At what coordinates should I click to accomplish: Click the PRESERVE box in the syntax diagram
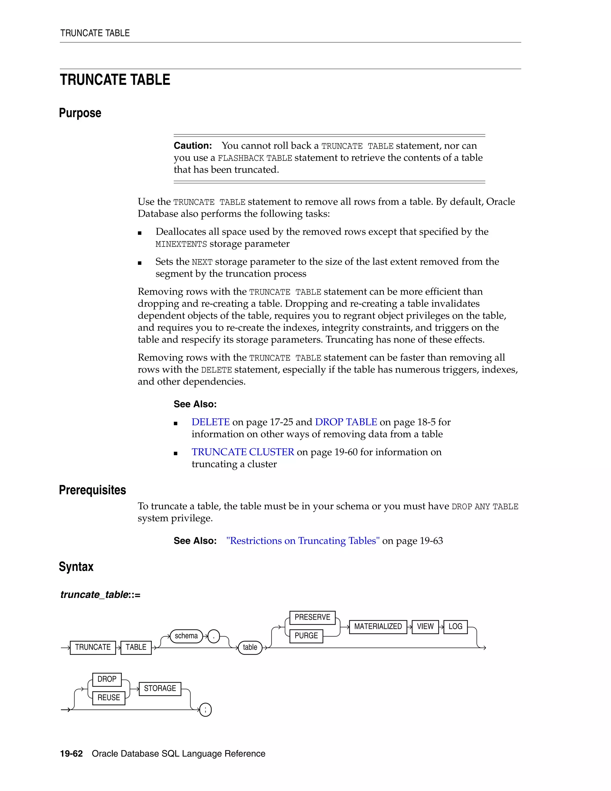[x=312, y=617]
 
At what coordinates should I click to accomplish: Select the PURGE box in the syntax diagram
[x=306, y=636]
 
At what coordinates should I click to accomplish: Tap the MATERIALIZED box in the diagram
[x=378, y=627]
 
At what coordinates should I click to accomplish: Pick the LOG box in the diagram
[x=455, y=627]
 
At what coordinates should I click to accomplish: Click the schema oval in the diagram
[x=186, y=636]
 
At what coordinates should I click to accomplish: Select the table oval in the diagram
[x=250, y=648]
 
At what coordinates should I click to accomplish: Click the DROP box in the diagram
[x=107, y=679]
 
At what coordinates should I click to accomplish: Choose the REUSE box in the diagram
[x=109, y=698]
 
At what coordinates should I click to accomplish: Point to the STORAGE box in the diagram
[x=160, y=689]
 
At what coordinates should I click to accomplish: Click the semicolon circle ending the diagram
[x=205, y=710]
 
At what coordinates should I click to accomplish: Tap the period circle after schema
[x=214, y=636]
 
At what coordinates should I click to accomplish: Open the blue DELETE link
[x=210, y=422]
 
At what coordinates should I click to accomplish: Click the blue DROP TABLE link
[x=346, y=422]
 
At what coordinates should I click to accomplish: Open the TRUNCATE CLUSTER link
[x=243, y=452]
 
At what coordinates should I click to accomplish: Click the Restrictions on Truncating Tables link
[x=303, y=541]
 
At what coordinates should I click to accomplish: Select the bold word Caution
[x=192, y=146]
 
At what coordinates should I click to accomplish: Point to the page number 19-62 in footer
[x=71, y=754]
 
